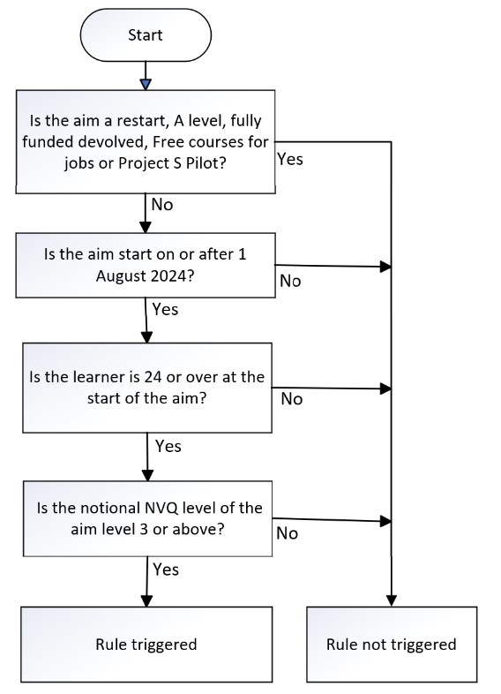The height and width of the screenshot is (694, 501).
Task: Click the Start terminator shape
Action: (x=146, y=35)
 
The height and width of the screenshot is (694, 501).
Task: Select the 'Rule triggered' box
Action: (x=146, y=644)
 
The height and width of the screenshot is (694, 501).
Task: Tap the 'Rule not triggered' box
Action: (x=392, y=644)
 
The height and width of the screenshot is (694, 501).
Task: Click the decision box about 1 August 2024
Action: (x=146, y=265)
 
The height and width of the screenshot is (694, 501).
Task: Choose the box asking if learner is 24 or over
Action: (x=147, y=388)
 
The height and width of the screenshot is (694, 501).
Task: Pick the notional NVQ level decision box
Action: (x=147, y=518)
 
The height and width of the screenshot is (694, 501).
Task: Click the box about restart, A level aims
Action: (x=146, y=141)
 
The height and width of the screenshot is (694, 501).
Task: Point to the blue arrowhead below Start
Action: (x=146, y=84)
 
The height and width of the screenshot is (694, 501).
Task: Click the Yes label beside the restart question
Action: (x=290, y=159)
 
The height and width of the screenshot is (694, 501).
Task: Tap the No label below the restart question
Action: (x=161, y=205)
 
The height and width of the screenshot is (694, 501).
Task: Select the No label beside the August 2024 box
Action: (x=290, y=281)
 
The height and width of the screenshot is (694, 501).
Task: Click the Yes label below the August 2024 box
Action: (x=165, y=309)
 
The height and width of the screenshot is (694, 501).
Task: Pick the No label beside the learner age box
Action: (x=292, y=399)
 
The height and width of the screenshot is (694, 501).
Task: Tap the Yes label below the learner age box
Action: (x=168, y=446)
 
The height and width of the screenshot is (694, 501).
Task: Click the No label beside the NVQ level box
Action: (x=287, y=533)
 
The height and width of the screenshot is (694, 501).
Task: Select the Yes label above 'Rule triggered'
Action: (x=166, y=570)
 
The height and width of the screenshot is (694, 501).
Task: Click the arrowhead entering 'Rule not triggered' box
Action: (x=392, y=600)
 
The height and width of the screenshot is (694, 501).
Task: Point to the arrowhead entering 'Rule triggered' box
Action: (x=146, y=600)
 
